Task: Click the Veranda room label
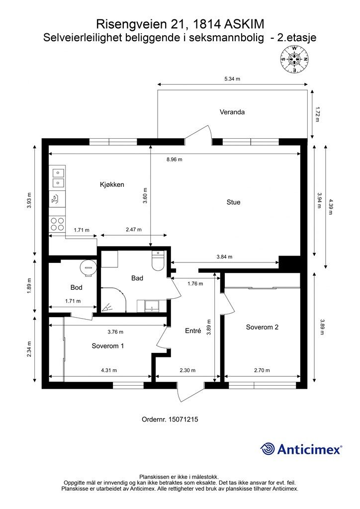(x=232, y=112)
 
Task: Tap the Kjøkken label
(x=112, y=184)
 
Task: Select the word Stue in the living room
(x=233, y=202)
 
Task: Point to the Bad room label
(x=137, y=278)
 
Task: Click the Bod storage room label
(x=76, y=287)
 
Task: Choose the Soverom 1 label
(x=108, y=346)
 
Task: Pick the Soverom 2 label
(x=262, y=327)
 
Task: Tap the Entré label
(x=193, y=331)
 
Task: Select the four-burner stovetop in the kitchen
(x=57, y=224)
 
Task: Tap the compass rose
(x=294, y=59)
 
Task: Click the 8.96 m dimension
(x=175, y=160)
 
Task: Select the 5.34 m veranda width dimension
(x=232, y=79)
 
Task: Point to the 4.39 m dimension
(x=331, y=207)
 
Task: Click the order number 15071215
(x=184, y=419)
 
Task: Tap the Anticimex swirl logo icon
(x=268, y=449)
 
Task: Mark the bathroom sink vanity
(x=152, y=306)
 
